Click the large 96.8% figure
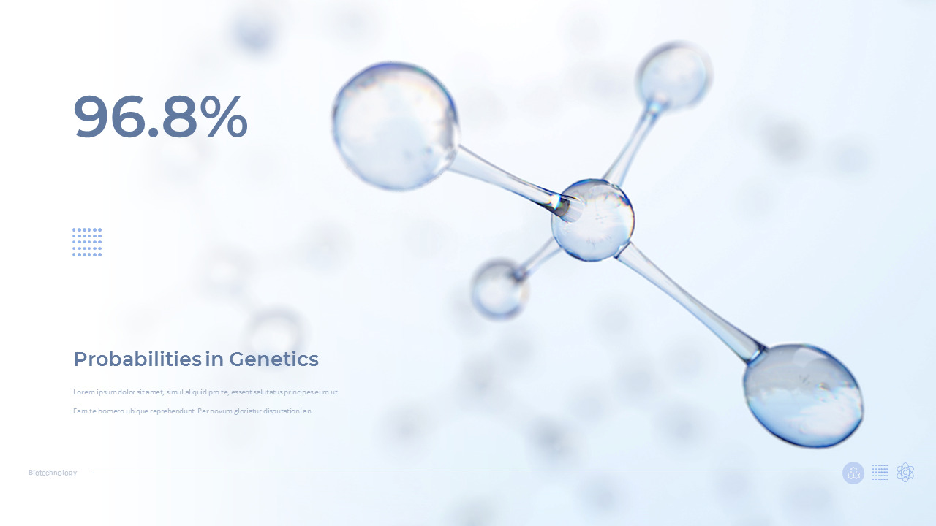[160, 117]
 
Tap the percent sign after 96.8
[222, 117]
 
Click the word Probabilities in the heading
[137, 359]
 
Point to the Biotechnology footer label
[53, 473]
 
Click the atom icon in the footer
[905, 473]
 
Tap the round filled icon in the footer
[853, 473]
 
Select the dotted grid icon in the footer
[880, 473]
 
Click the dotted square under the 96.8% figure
[87, 242]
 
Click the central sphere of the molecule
[592, 220]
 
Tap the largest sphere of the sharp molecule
[396, 126]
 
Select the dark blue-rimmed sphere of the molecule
[803, 395]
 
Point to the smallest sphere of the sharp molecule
[499, 289]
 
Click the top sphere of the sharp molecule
[673, 77]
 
